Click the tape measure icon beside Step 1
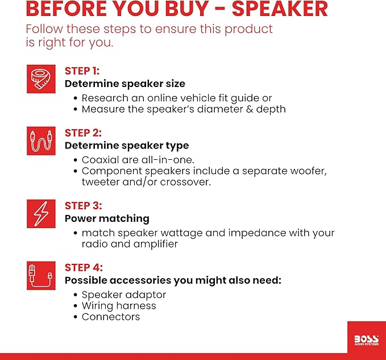pyautogui.click(x=41, y=79)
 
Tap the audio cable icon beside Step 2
pyautogui.click(x=41, y=141)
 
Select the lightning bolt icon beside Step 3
pyautogui.click(x=41, y=214)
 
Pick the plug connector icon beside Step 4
pyautogui.click(x=41, y=275)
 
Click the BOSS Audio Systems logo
pyautogui.click(x=367, y=340)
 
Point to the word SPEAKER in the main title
pyautogui.click(x=280, y=9)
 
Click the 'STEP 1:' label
pyautogui.click(x=82, y=71)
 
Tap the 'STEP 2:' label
pyautogui.click(x=83, y=133)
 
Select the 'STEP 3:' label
pyautogui.click(x=83, y=206)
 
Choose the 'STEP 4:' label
pyautogui.click(x=84, y=268)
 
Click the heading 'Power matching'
pyautogui.click(x=107, y=218)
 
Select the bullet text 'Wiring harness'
pyautogui.click(x=119, y=306)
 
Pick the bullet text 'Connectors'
pyautogui.click(x=111, y=317)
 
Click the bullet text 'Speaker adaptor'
pyautogui.click(x=124, y=295)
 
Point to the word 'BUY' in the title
pyautogui.click(x=187, y=9)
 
